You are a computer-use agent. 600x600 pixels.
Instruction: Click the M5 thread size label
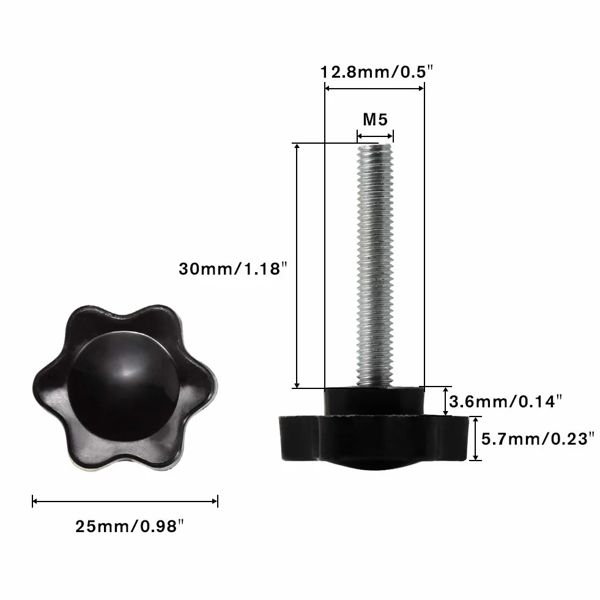coord(375,120)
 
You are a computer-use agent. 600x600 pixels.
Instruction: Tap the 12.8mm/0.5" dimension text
coord(377,72)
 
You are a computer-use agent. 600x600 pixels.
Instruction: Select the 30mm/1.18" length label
coord(232,269)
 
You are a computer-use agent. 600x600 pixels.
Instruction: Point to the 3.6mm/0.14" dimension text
coord(505,401)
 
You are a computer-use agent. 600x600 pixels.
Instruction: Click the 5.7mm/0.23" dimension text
coord(538,439)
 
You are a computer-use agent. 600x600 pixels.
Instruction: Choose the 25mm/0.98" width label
coord(129,526)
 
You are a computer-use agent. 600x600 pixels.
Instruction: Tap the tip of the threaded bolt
coord(375,144)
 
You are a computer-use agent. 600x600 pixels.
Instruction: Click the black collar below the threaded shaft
coord(374,401)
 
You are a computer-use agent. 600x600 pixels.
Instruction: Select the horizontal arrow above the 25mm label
coord(125,501)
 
